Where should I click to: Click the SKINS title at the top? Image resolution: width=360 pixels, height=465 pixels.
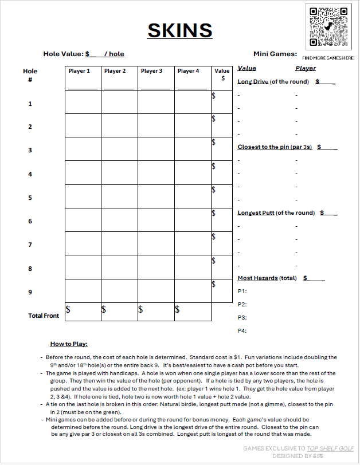point(180,30)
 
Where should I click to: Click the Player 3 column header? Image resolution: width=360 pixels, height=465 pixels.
point(152,71)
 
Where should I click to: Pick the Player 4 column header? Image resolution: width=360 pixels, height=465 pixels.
point(189,71)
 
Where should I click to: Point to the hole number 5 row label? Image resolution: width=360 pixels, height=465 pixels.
point(30,198)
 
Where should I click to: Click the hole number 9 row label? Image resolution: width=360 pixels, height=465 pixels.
point(30,292)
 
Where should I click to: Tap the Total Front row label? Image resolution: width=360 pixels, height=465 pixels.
point(44,316)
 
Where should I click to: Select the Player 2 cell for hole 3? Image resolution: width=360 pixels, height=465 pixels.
point(119,149)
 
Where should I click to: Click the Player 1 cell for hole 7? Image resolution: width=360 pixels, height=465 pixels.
point(83,244)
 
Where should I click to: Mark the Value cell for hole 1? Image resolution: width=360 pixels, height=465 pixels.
point(222,103)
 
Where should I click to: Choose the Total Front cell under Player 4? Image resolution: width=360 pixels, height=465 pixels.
point(193,312)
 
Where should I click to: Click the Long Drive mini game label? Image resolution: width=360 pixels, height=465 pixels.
point(253,81)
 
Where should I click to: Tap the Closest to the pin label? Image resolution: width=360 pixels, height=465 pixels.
point(275,147)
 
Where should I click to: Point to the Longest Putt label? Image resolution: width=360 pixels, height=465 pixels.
point(256,212)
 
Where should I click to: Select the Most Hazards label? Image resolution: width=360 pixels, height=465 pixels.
point(257,278)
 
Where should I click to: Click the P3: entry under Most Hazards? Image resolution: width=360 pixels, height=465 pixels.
point(242,317)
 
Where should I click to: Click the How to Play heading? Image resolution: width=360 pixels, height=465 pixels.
point(68,344)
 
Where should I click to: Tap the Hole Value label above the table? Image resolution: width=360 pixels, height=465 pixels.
point(64,54)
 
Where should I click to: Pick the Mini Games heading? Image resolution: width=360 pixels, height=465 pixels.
point(275,54)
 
